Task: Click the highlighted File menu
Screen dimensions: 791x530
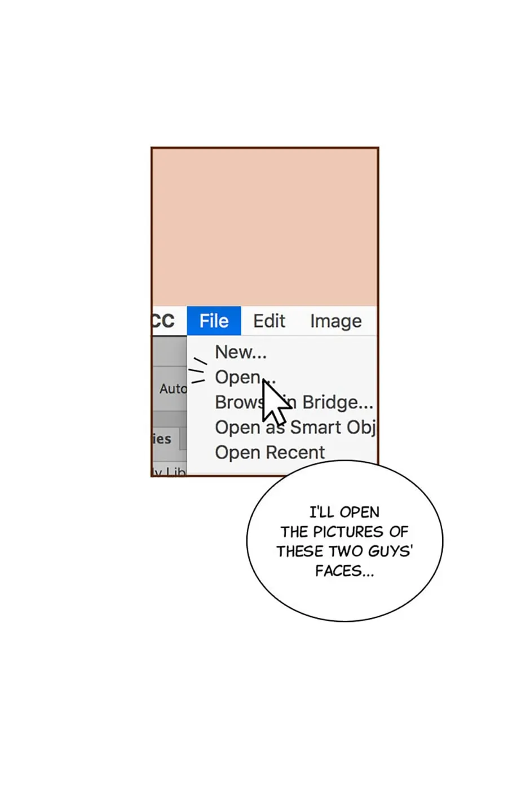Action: (214, 321)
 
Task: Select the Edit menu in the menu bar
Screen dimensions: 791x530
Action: (269, 321)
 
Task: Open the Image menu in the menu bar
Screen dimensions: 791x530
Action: (335, 321)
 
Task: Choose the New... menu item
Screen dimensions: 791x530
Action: (241, 352)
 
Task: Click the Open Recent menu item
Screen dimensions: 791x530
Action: (270, 452)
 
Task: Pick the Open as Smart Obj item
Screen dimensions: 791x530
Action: (295, 427)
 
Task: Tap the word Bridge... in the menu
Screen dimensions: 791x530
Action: (337, 402)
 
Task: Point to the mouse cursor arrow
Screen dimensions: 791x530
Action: (274, 403)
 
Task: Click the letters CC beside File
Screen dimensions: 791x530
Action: (163, 321)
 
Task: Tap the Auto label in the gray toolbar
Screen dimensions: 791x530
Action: (173, 388)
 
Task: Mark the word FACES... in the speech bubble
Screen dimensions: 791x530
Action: (344, 571)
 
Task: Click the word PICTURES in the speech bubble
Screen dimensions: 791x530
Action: (348, 532)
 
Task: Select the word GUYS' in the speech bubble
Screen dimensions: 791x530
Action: (391, 551)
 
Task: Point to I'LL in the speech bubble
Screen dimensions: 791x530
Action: (321, 512)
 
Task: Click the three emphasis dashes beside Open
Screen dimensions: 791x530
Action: (197, 370)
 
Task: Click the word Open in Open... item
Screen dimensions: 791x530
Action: (237, 377)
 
